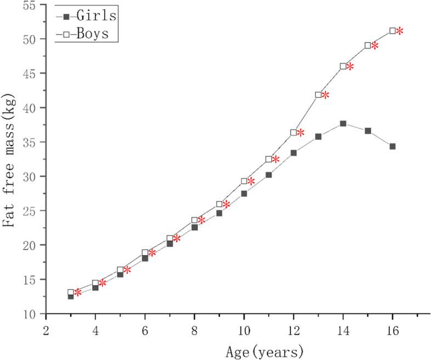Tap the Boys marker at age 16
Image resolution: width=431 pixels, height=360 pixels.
coord(393,31)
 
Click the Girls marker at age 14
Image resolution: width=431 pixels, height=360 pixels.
coord(343,123)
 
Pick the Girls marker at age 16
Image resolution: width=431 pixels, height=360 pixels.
coord(393,146)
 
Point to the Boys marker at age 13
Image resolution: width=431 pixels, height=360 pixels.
coord(319,95)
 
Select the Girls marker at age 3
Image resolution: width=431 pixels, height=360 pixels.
coord(71,296)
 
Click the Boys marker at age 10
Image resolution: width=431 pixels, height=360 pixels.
coord(244,181)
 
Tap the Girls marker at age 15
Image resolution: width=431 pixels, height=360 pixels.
coord(368,131)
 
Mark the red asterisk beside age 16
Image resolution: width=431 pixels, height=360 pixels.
coord(400,31)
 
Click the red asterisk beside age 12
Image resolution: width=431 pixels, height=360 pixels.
coord(300,133)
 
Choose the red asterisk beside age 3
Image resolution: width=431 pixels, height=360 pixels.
coord(78,293)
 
